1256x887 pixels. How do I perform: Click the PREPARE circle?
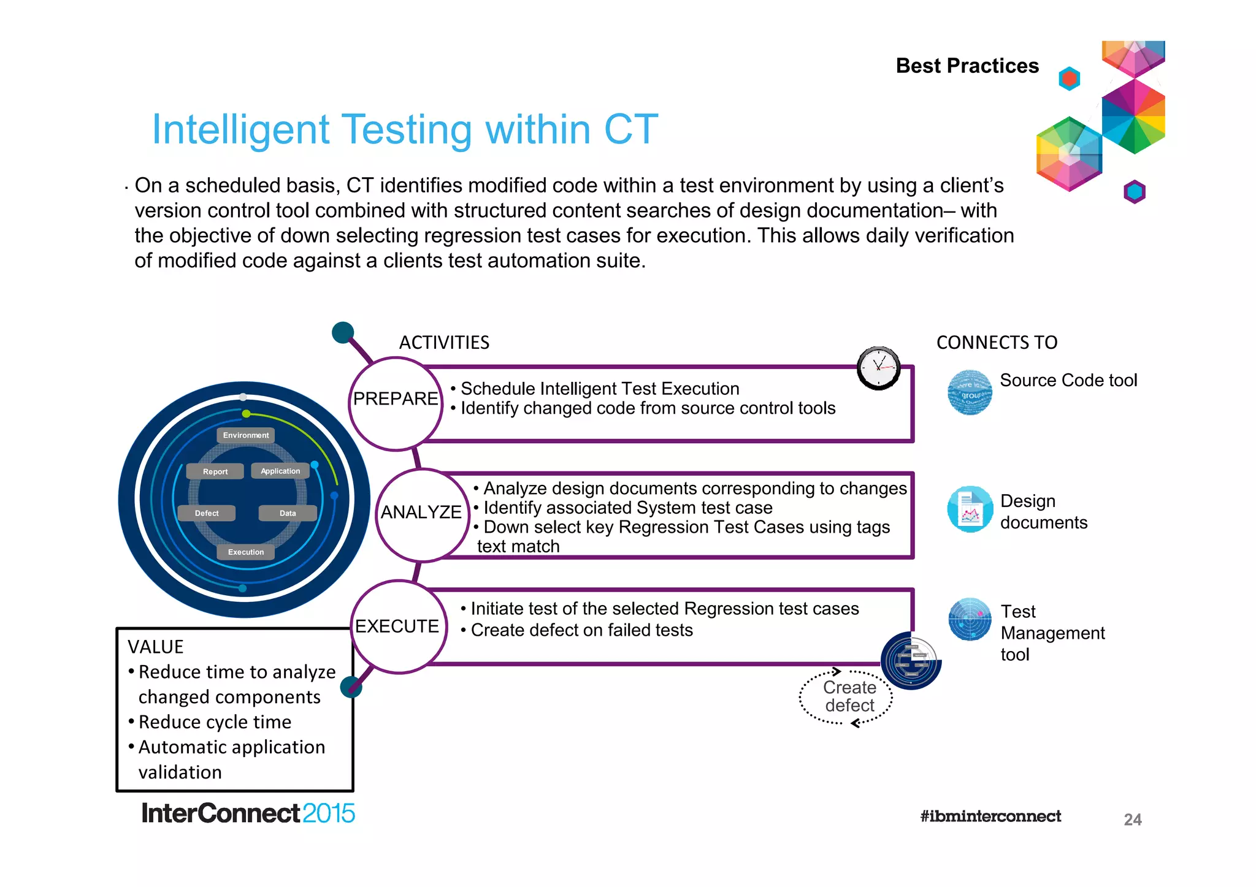(x=396, y=403)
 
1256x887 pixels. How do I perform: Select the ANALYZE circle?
(x=421, y=515)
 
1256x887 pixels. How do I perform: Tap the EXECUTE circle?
(x=397, y=626)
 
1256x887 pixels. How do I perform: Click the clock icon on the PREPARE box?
(x=878, y=368)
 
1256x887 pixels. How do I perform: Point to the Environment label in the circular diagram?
(x=246, y=435)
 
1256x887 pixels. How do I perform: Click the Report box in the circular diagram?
(x=215, y=471)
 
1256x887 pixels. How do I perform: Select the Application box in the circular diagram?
(x=280, y=471)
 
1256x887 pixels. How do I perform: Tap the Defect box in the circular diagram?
(x=207, y=513)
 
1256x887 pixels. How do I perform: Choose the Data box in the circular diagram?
(x=288, y=513)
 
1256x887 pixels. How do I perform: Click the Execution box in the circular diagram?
(x=246, y=552)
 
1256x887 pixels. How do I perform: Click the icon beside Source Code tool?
(x=970, y=392)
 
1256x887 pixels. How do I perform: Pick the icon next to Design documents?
(x=970, y=509)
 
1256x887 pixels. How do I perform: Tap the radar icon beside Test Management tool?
(x=970, y=619)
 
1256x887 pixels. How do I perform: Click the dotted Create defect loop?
(x=847, y=697)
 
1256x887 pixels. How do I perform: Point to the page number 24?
(x=1132, y=820)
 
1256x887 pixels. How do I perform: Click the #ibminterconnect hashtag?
(x=990, y=816)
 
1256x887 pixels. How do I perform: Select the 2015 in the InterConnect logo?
(x=328, y=813)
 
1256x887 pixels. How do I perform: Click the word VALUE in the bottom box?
(x=156, y=647)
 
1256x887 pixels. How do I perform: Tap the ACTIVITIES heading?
(x=444, y=342)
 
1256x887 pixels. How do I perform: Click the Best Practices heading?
(x=967, y=66)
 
